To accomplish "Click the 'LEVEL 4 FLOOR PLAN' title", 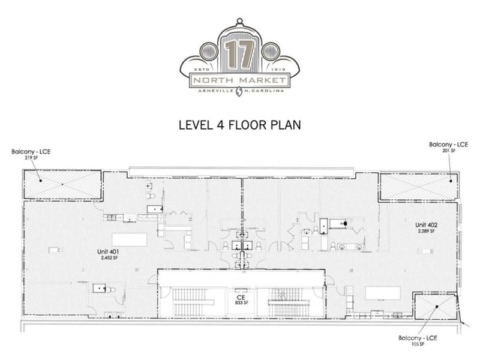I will click(x=239, y=125).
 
